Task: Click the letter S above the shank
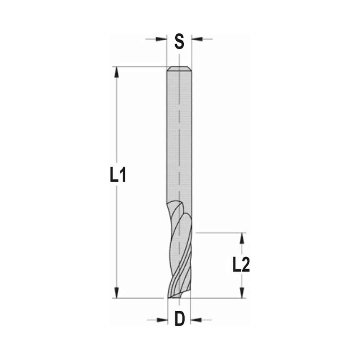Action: coord(179,41)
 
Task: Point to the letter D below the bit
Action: coord(179,319)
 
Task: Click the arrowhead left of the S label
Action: coord(162,39)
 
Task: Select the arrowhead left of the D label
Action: coord(163,319)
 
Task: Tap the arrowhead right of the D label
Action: coord(196,319)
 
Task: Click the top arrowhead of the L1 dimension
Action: coord(116,72)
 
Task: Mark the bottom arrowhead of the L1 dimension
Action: coord(116,292)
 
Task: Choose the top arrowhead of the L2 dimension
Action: coord(242,238)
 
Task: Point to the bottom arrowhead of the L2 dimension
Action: coord(242,293)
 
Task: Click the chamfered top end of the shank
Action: coord(179,69)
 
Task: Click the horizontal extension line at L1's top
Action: coord(140,67)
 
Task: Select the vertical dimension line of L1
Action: coord(116,126)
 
